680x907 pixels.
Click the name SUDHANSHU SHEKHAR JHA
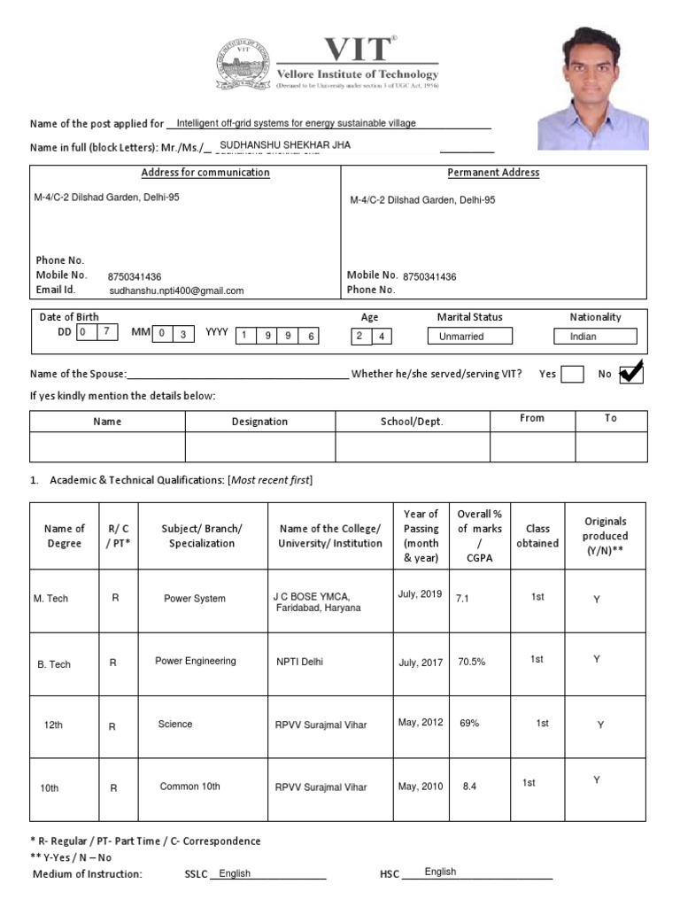point(279,144)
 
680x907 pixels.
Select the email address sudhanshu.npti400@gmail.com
point(176,291)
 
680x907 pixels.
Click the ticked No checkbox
point(630,374)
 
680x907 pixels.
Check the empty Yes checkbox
point(572,374)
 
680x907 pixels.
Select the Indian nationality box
point(595,337)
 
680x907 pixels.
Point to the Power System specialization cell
point(195,599)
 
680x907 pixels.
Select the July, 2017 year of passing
point(420,662)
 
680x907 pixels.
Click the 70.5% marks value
point(471,662)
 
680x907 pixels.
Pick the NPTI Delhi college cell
point(299,662)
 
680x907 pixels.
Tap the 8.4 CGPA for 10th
point(469,787)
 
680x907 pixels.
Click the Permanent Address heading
point(493,173)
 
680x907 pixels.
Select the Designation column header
point(259,422)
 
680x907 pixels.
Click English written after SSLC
point(235,873)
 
